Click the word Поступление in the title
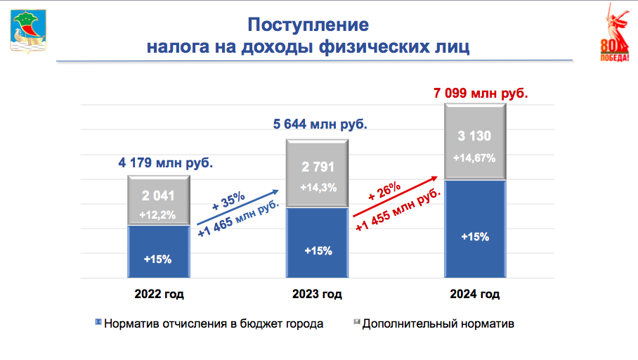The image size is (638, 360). [x=308, y=25]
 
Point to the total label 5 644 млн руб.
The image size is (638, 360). [x=320, y=124]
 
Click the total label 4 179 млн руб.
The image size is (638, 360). [x=165, y=163]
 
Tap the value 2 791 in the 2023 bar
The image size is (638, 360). [x=318, y=168]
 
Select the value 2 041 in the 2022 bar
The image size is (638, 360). [x=158, y=196]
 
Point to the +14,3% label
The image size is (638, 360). [x=318, y=188]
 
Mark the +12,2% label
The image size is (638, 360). [x=158, y=214]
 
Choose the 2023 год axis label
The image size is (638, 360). [x=318, y=294]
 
